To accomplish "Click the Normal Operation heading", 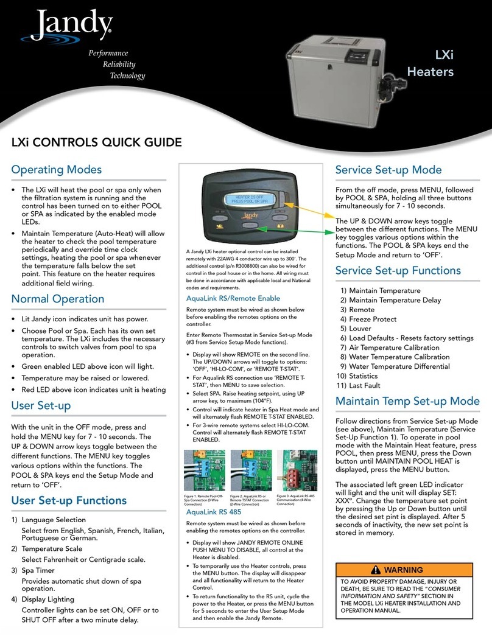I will pyautogui.click(x=58, y=299).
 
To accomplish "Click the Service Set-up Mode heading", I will pyautogui.click(x=397, y=170).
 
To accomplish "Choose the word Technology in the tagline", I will pyautogui.click(x=127, y=76).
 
